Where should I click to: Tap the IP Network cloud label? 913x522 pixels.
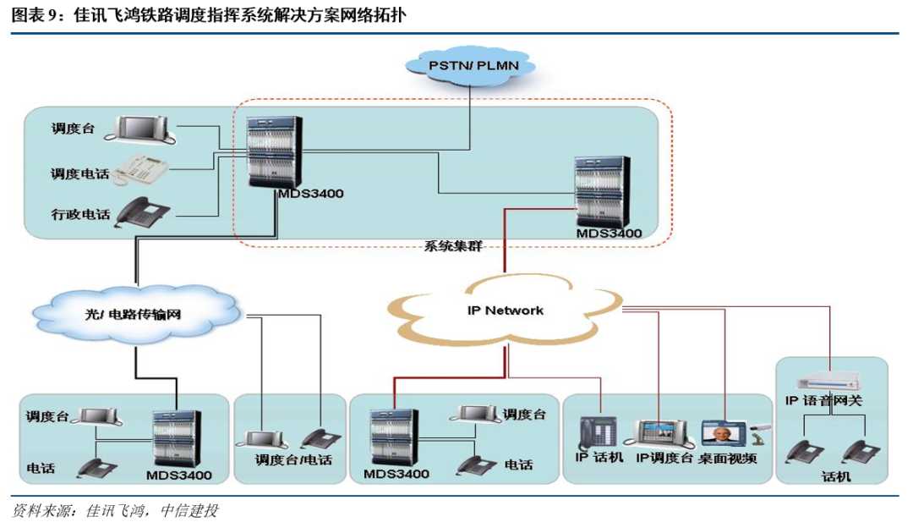point(505,310)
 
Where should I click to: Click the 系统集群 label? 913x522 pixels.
point(453,247)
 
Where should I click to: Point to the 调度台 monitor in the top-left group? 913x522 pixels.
point(145,129)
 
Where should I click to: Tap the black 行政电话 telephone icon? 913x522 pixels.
point(144,212)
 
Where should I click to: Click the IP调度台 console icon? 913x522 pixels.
point(659,434)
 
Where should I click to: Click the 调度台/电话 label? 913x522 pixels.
point(293,460)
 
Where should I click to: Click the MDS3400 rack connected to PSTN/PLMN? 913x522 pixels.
point(272,152)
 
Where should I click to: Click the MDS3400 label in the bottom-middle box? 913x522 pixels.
point(396,474)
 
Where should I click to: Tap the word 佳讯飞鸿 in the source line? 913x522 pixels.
point(118,511)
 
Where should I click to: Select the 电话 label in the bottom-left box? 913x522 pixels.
point(41,466)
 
